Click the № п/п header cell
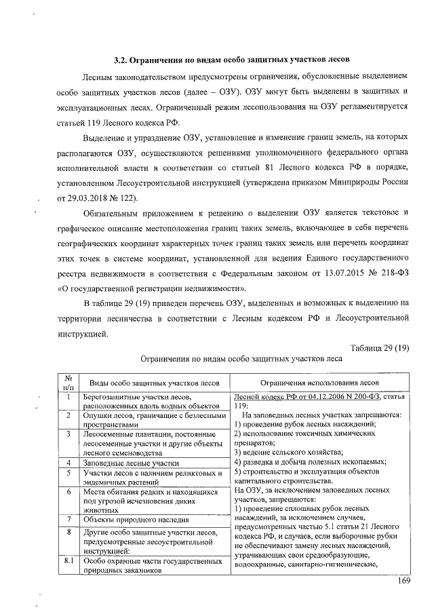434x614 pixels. pyautogui.click(x=68, y=382)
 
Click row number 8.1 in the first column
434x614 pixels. pyautogui.click(x=68, y=562)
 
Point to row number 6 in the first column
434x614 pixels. pyautogui.click(x=68, y=492)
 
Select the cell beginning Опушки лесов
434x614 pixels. pyautogui.click(x=153, y=419)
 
